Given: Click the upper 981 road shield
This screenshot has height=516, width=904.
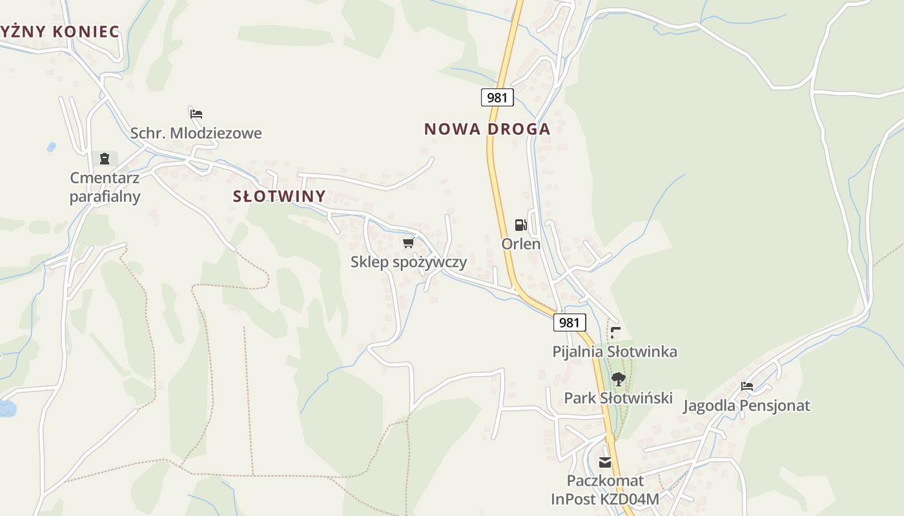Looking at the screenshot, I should [497, 97].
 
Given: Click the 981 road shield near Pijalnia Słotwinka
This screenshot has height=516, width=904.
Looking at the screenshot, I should [570, 322].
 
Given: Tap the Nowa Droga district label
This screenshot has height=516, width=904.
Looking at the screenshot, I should [487, 129].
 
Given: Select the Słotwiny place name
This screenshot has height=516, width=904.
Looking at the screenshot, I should [279, 196].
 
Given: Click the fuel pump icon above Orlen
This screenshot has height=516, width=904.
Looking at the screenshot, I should [520, 225].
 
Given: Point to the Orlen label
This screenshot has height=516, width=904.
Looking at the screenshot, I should [521, 244].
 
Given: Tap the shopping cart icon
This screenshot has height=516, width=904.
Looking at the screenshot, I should [408, 243].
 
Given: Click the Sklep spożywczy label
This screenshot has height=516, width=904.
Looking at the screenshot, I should [408, 262].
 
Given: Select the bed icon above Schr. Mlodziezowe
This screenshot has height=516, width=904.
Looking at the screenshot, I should [196, 114].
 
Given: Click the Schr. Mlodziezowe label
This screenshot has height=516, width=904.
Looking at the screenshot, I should [196, 134].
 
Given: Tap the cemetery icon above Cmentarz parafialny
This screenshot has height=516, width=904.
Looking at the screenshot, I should [105, 159].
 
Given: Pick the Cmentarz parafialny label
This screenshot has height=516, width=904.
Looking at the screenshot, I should [105, 187].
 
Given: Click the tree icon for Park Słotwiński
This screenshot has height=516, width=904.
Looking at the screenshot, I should [618, 379].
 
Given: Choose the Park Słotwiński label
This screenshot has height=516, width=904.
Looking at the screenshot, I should [618, 398].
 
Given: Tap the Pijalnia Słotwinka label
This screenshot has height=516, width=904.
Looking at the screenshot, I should [615, 352].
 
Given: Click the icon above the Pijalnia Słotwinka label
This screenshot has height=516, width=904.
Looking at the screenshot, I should [615, 333].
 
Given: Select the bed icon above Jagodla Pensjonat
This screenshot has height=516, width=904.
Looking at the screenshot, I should [747, 386].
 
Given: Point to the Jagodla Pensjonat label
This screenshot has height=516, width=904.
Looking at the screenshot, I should [746, 406].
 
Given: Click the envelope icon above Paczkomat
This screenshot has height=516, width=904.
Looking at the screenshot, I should [605, 462].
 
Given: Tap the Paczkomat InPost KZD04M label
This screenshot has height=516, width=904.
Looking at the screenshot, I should [605, 490].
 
